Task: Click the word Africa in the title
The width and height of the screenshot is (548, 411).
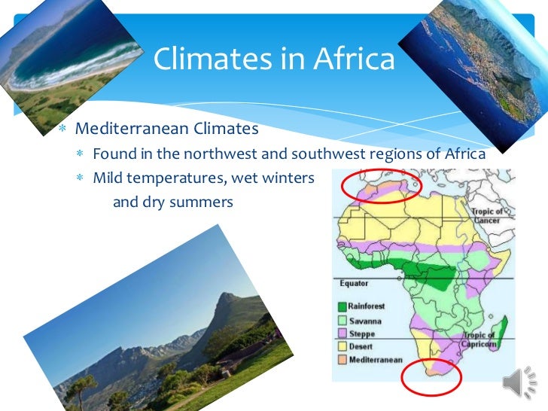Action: point(352,59)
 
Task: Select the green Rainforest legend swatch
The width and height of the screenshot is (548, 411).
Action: point(341,307)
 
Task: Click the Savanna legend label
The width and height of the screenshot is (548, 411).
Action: point(364,321)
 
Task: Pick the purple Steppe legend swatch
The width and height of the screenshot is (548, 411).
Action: point(341,333)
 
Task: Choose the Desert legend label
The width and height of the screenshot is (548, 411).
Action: point(361,346)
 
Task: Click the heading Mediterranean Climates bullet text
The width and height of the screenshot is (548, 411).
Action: point(167,129)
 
